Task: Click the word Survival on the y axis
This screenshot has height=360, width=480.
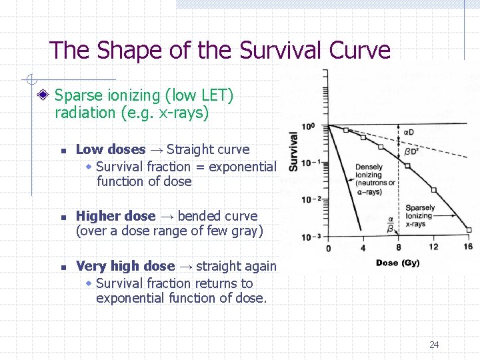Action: pyautogui.click(x=293, y=151)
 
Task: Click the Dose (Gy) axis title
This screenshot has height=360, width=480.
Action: pyautogui.click(x=398, y=263)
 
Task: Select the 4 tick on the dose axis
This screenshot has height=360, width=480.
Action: pyautogui.click(x=363, y=248)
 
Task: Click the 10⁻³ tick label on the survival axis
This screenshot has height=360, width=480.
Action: pyautogui.click(x=311, y=237)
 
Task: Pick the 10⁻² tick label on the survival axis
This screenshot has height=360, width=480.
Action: pyautogui.click(x=311, y=199)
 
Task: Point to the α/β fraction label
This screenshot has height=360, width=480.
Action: pyautogui.click(x=391, y=224)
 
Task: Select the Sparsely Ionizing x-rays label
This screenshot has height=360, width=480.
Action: pyautogui.click(x=420, y=216)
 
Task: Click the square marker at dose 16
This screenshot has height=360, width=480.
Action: pyautogui.click(x=468, y=230)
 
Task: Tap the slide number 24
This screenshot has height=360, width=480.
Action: pyautogui.click(x=434, y=345)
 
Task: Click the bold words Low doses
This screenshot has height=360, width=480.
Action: pyautogui.click(x=111, y=149)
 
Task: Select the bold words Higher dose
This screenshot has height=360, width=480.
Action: pyautogui.click(x=115, y=216)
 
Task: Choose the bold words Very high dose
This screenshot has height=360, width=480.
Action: pyautogui.click(x=125, y=266)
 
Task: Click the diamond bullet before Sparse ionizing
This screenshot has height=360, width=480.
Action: pyautogui.click(x=43, y=96)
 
